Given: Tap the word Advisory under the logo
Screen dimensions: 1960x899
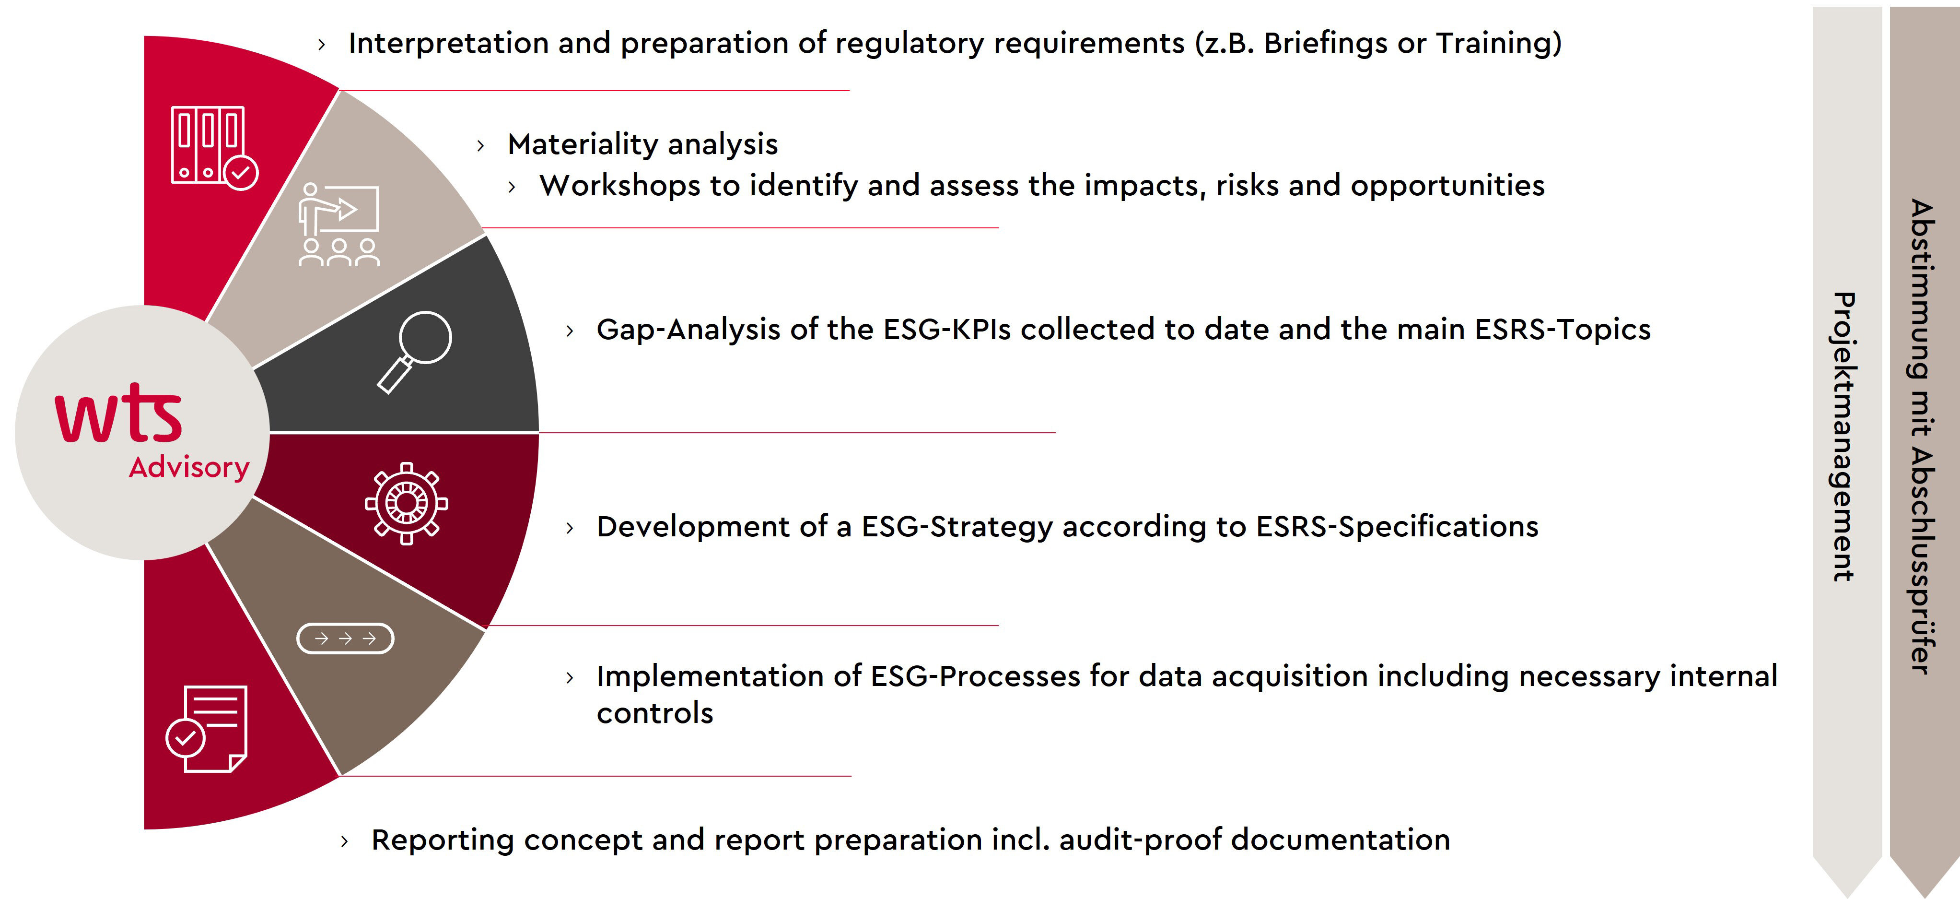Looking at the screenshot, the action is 189,467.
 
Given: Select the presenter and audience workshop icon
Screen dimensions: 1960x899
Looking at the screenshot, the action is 338,225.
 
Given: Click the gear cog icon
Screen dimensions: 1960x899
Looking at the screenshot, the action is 406,503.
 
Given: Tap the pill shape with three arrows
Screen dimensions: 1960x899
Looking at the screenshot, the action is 345,638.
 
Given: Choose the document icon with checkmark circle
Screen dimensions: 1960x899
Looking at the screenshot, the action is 206,729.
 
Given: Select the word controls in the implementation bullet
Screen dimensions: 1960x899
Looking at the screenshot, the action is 655,713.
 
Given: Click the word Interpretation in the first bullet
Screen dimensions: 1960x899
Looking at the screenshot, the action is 449,43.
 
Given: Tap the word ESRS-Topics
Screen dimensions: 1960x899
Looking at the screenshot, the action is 1563,330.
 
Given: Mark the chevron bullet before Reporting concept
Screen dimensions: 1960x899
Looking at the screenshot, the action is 345,841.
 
